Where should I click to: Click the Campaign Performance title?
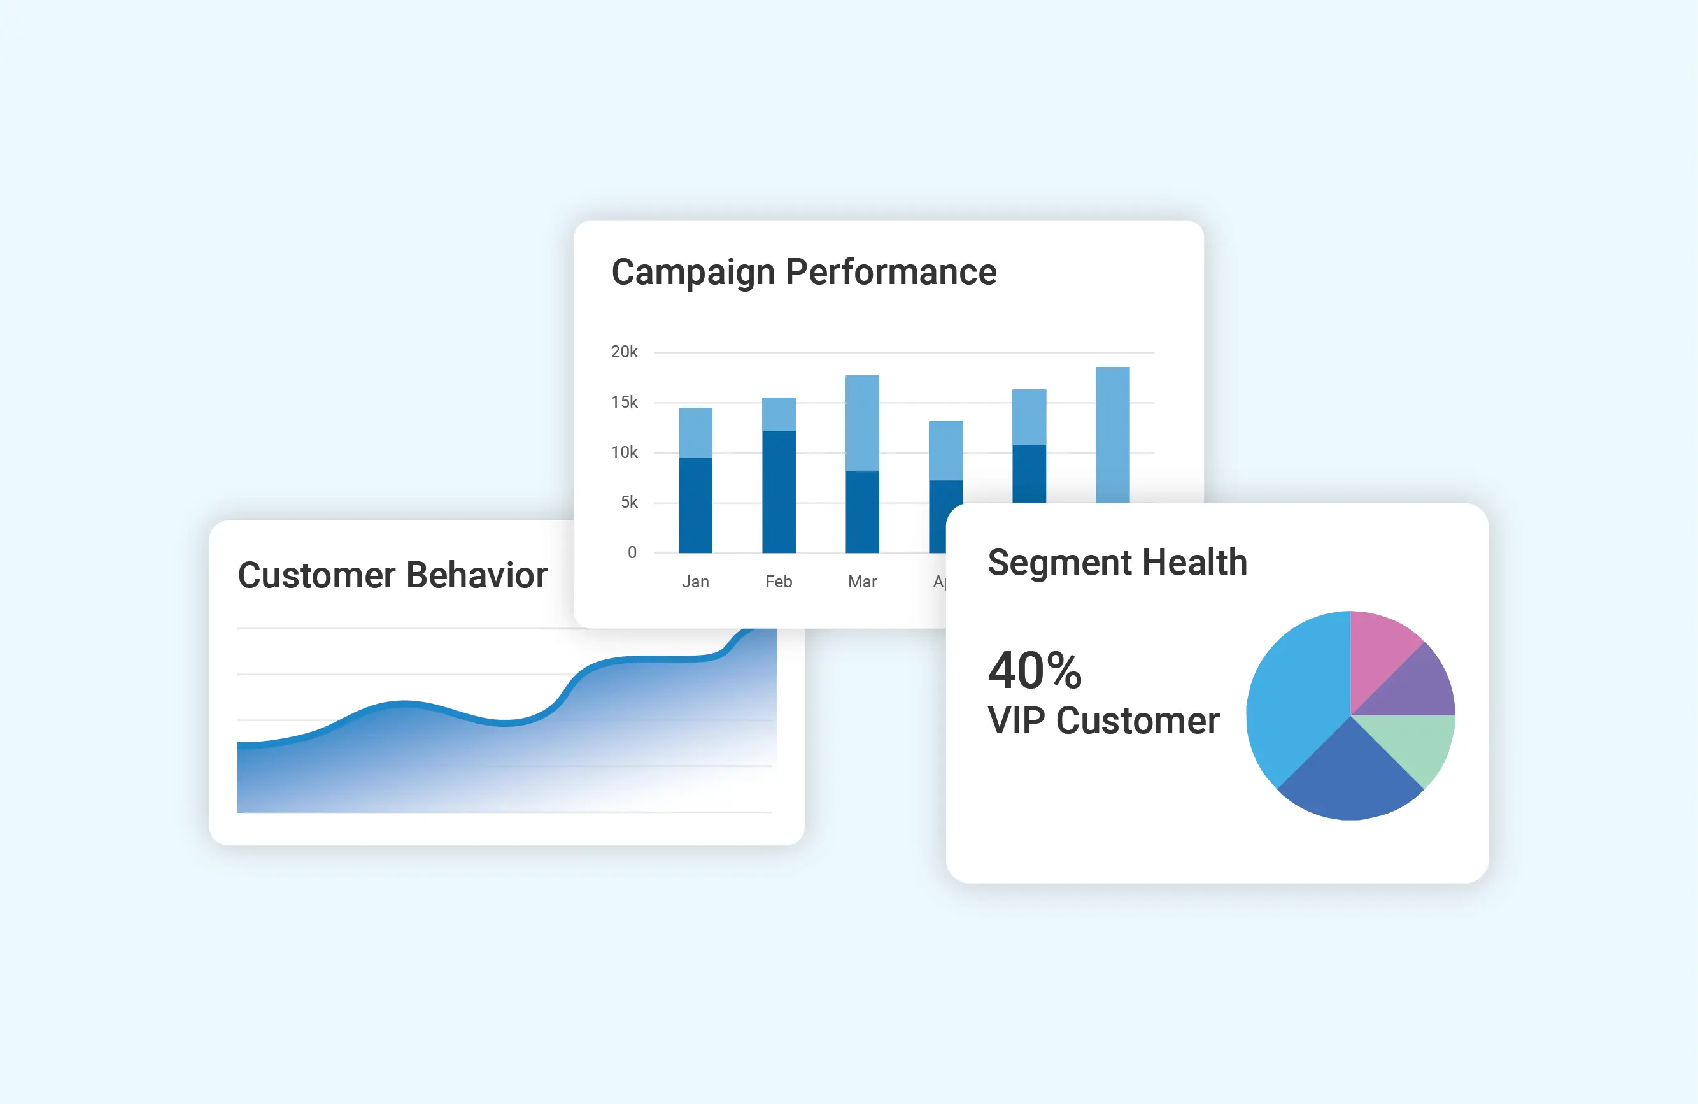point(803,272)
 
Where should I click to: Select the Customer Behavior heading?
point(392,575)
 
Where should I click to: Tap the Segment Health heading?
point(1117,563)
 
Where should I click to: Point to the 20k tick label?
point(625,352)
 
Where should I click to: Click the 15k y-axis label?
point(625,403)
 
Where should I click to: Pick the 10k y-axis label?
point(625,452)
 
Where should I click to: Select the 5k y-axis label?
point(628,503)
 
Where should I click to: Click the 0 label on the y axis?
point(632,552)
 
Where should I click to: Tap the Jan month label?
point(695,582)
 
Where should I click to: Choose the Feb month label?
point(779,582)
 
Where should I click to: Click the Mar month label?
point(862,582)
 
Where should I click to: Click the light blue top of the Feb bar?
point(779,415)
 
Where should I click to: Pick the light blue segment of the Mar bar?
point(862,423)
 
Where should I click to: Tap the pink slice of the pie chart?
point(1380,649)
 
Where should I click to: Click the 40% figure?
point(1035,671)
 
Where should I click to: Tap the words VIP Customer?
point(1103,720)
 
